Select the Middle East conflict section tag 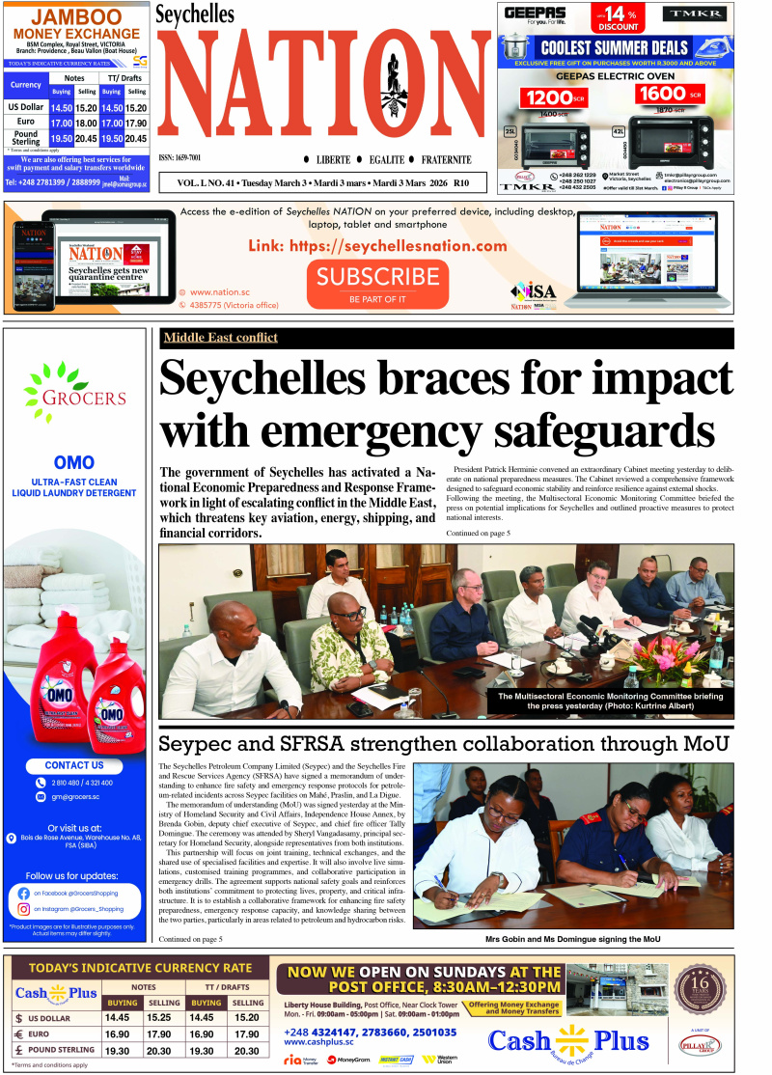[x=220, y=338]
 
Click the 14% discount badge [x=619, y=17]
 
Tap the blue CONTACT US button [x=74, y=765]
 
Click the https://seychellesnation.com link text [x=377, y=246]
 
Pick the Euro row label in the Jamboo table [x=25, y=123]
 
